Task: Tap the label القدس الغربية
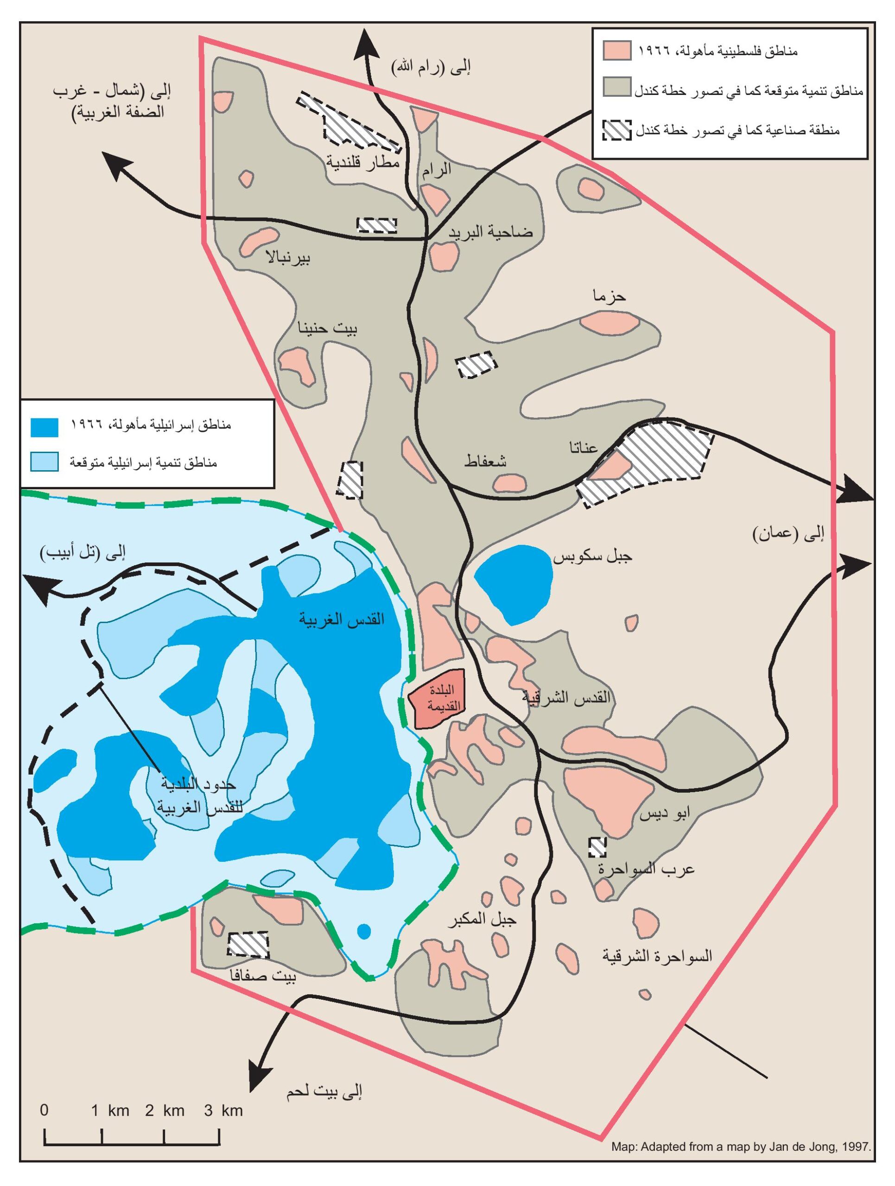tap(342, 619)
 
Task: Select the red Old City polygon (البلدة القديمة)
tap(437, 698)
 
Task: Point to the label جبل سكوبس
tap(592, 556)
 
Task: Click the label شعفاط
tap(485, 461)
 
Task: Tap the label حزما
tap(609, 296)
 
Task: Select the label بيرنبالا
tap(288, 258)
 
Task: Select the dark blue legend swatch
tap(44, 427)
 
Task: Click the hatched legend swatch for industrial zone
tap(617, 130)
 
